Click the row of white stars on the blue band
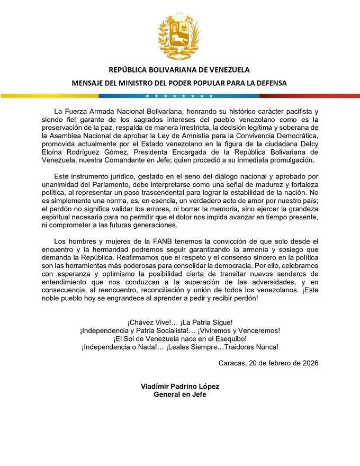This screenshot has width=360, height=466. [179, 96]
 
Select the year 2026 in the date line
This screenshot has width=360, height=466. [308, 363]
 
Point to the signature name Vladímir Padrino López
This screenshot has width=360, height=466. [180, 387]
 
